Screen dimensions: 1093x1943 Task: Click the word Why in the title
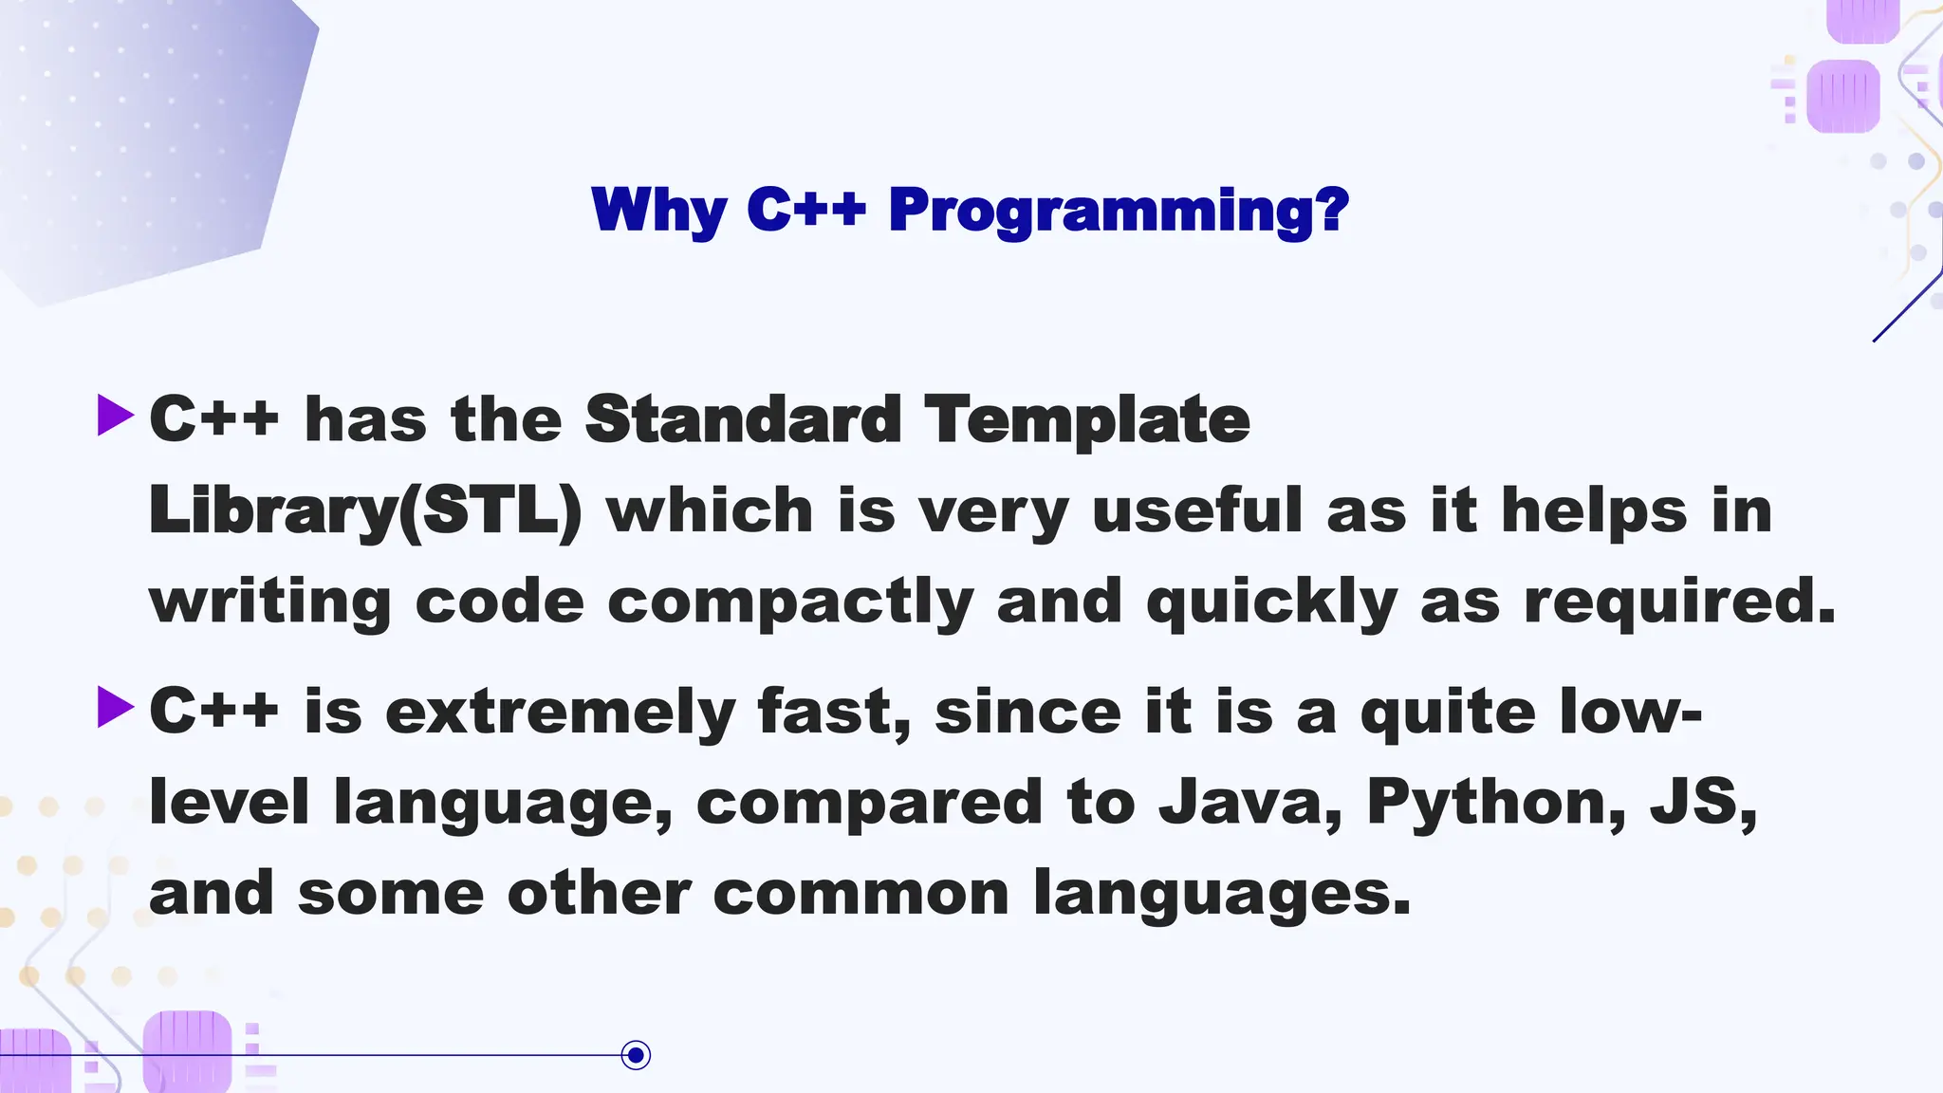coord(658,210)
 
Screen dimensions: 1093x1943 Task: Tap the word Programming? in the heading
coord(1119,210)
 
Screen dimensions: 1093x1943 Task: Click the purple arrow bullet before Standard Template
coord(116,417)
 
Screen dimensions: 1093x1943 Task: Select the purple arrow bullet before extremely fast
coord(116,708)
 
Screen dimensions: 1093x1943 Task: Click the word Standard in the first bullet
coord(743,419)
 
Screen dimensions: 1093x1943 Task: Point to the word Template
coord(1087,419)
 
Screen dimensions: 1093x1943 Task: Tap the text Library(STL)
coord(365,511)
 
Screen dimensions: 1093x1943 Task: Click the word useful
coord(1197,511)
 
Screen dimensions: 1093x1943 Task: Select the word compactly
coord(790,602)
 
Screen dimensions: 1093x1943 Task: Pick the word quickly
coord(1271,602)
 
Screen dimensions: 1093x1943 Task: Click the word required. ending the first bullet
coord(1679,602)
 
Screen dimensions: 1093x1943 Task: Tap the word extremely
coord(560,712)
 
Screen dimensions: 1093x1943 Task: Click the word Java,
coord(1250,803)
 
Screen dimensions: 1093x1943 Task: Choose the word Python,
coord(1496,803)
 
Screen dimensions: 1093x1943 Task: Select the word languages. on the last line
coord(1222,895)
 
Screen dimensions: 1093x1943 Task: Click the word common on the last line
coord(860,895)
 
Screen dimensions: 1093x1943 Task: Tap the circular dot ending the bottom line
coord(636,1055)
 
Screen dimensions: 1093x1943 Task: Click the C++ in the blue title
coord(806,210)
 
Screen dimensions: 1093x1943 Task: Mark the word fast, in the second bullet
coord(834,712)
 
